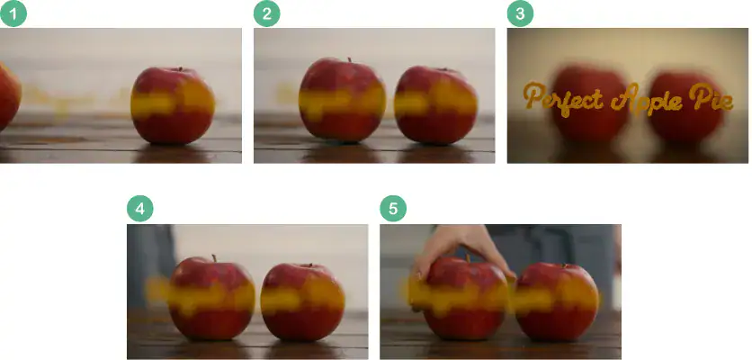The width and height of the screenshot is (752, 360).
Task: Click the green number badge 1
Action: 13,13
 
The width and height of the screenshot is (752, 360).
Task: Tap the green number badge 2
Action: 266,13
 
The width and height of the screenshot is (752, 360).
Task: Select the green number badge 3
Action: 519,13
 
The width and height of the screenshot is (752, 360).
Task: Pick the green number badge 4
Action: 139,209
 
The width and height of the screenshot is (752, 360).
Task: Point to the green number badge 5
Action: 392,209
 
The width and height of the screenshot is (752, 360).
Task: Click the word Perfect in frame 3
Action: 560,98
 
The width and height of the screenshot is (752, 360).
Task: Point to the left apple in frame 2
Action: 342,101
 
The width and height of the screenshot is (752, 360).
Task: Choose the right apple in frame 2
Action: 436,103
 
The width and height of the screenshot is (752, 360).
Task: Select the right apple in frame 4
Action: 303,301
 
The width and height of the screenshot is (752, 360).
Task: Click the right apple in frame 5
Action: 558,301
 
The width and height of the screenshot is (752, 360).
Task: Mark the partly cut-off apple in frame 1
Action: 8,94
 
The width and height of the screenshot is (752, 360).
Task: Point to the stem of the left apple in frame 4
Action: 214,259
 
